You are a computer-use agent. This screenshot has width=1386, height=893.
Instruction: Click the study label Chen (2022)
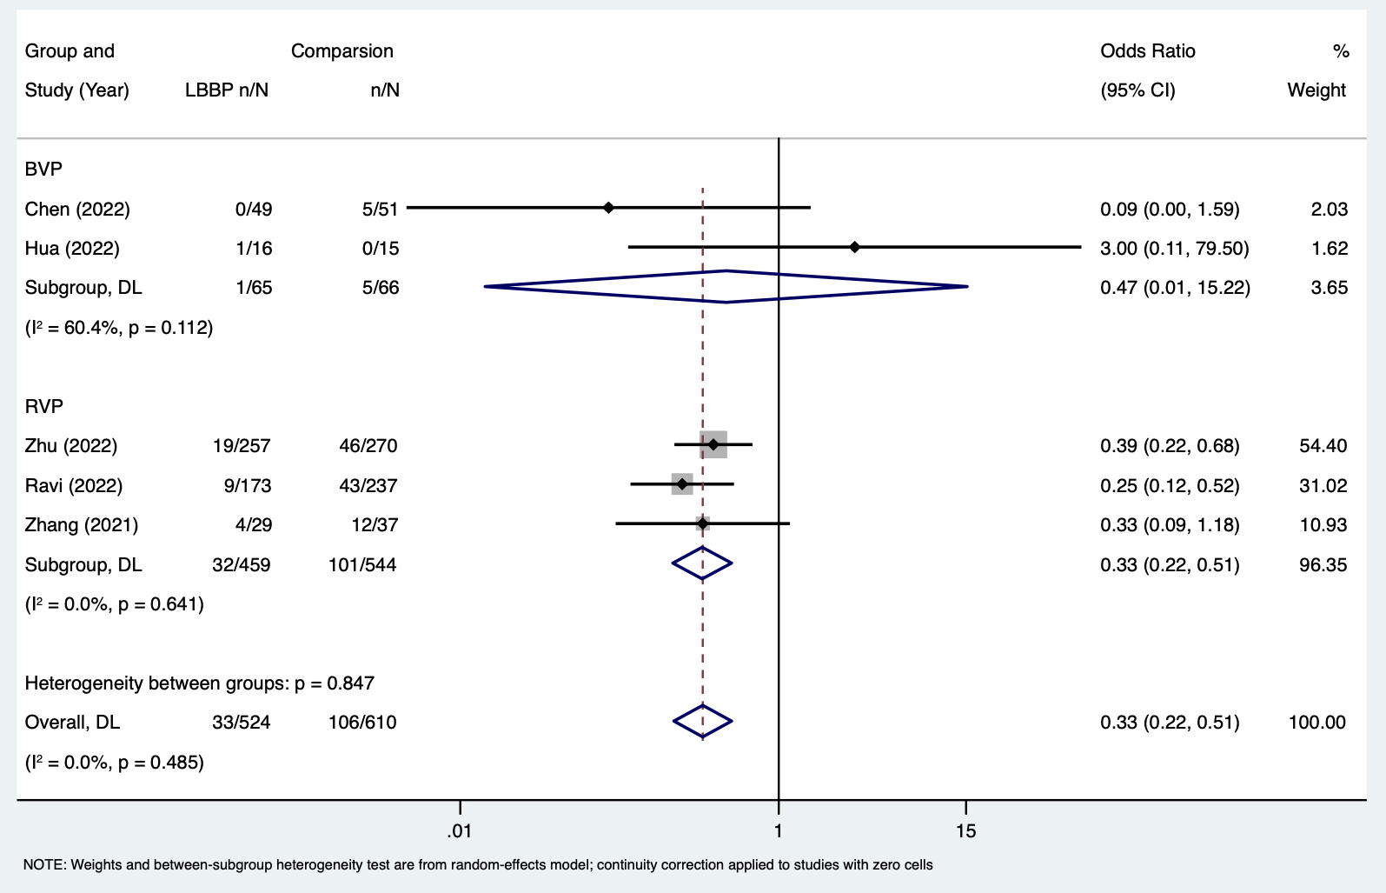tap(77, 210)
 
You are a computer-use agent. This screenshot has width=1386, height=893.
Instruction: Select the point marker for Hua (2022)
tap(854, 248)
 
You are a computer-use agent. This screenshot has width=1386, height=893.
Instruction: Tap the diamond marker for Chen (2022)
tap(608, 208)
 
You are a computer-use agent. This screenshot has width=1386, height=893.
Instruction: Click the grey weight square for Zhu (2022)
tap(713, 444)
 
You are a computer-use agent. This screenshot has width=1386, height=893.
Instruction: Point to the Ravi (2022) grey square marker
tap(682, 483)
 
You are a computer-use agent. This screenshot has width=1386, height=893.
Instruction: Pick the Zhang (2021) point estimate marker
tap(702, 523)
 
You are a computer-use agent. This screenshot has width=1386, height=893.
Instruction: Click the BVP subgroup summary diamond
tap(726, 287)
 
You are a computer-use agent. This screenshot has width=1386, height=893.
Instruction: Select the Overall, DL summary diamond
tap(702, 722)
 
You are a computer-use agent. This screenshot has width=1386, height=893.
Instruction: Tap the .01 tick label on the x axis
tap(459, 831)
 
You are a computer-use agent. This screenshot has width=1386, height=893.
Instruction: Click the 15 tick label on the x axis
tap(965, 831)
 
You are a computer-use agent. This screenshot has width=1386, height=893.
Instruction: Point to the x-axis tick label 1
tap(779, 831)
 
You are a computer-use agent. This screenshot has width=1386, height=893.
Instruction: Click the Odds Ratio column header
tap(1147, 51)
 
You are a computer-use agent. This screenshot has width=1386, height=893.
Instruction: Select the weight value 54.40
tap(1323, 446)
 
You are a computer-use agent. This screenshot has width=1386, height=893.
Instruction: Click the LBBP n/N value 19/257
tap(242, 446)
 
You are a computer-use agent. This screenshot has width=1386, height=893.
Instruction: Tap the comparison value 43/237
tap(368, 485)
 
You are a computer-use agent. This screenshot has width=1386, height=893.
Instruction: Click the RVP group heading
tap(43, 406)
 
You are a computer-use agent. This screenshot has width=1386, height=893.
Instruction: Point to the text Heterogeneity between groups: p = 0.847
tap(199, 683)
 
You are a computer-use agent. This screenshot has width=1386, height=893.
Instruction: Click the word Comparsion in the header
tap(342, 51)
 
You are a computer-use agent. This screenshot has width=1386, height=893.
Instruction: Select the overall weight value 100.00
tap(1317, 723)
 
